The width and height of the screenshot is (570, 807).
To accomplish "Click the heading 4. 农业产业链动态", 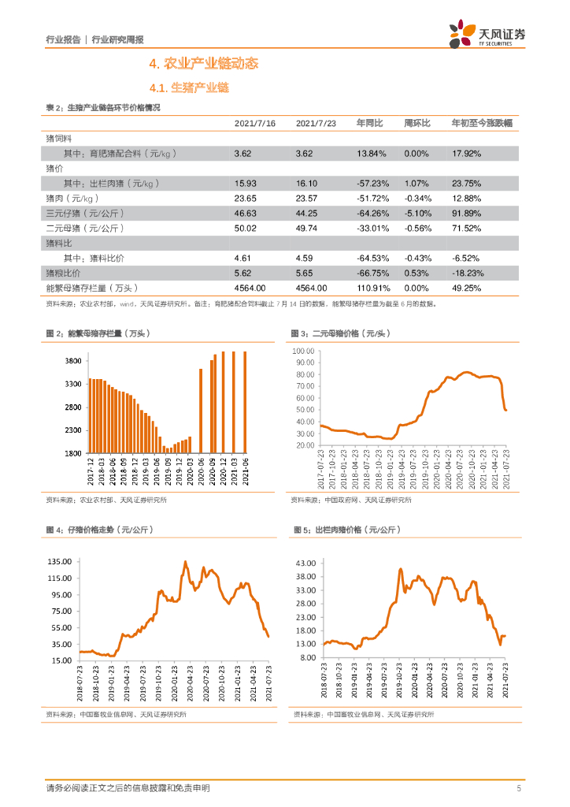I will [x=204, y=64].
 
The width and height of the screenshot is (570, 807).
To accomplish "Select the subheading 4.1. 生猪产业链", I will [x=189, y=88].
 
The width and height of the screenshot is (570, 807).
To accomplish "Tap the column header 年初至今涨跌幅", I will [x=481, y=124].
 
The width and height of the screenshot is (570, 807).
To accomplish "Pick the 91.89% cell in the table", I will [x=467, y=213].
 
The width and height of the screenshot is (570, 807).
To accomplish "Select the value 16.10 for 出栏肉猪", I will [x=307, y=183].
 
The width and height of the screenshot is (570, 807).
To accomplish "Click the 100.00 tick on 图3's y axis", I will [x=304, y=351].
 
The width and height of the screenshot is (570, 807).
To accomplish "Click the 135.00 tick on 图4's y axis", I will [x=61, y=562].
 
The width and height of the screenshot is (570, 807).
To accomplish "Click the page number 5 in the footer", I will [x=518, y=788].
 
